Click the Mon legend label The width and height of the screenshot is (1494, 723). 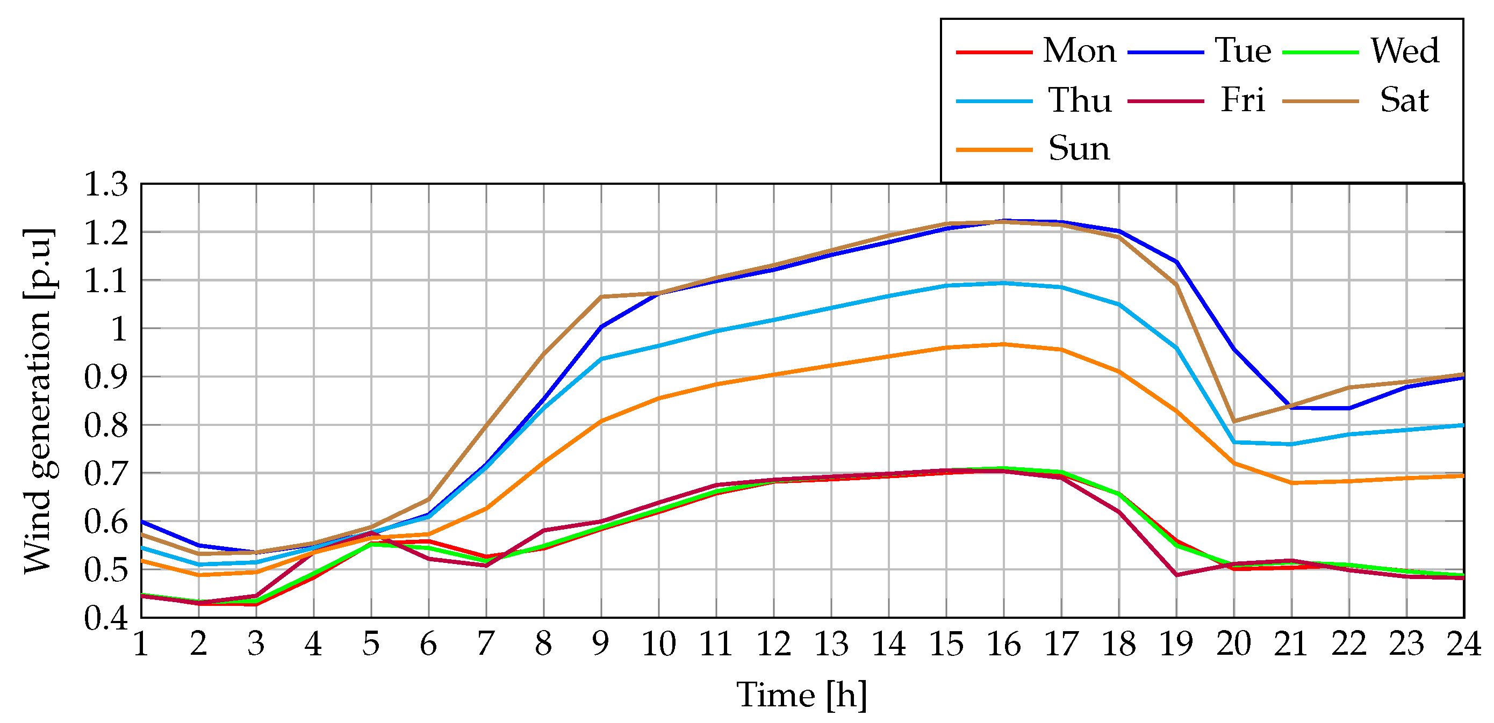pos(1079,51)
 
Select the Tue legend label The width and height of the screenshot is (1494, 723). pos(1243,51)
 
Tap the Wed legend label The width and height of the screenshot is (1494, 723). pos(1405,51)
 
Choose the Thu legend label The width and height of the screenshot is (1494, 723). pos(1079,100)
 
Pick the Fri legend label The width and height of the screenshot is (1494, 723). pos(1242,100)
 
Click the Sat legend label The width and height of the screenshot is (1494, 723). pos(1404,100)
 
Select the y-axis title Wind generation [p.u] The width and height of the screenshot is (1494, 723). pos(39,401)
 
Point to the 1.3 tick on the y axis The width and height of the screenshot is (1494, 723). pos(105,185)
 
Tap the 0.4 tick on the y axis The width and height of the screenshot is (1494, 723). pos(105,619)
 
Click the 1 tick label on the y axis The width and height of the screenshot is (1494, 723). pos(119,329)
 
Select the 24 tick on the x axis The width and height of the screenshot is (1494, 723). pos(1463,644)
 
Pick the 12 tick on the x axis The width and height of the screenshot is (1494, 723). pos(774,644)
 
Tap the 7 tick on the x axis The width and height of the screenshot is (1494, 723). pos(485,644)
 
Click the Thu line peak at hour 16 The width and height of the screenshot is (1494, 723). pos(1003,284)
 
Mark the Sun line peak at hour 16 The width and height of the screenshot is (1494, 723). pos(1003,345)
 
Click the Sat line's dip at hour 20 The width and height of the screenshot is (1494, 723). pos(1233,422)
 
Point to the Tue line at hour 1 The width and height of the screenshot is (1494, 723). pos(142,522)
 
